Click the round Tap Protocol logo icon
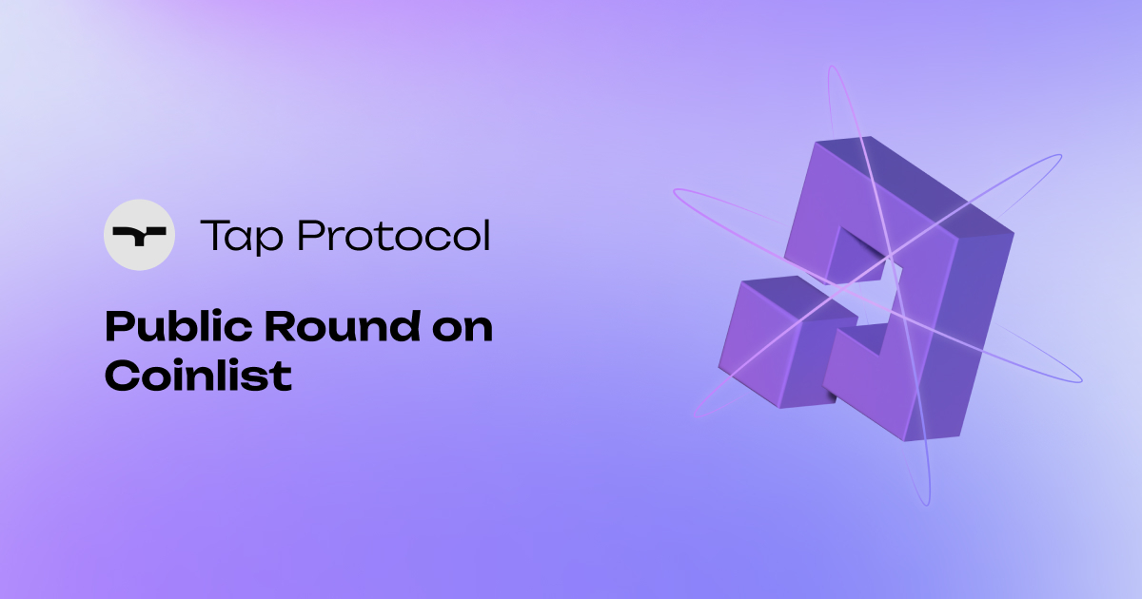coord(139,235)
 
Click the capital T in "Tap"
coord(211,234)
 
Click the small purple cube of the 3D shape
coord(771,342)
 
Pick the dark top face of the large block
coord(914,185)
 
